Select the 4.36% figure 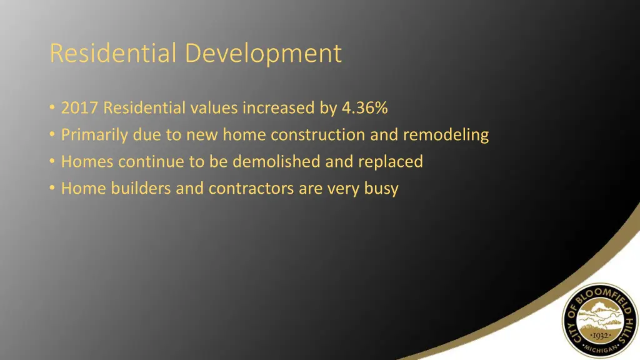(x=365, y=108)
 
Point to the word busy (x=381, y=189)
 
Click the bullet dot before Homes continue (x=51, y=162)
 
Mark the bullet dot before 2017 (x=51, y=108)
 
